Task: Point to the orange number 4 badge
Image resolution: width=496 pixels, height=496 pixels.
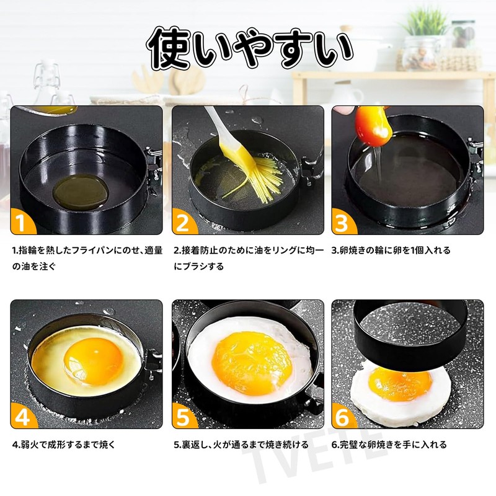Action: (x=22, y=418)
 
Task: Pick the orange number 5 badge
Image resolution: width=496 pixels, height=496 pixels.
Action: (x=182, y=418)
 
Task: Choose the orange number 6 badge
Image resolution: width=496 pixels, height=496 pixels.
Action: (x=343, y=418)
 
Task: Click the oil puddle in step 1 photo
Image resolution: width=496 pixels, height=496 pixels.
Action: (x=79, y=191)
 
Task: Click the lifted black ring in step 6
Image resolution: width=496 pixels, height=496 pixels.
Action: (x=409, y=335)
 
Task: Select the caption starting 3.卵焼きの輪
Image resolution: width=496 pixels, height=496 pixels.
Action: (x=391, y=250)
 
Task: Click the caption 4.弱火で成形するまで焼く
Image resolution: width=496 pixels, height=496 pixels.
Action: (x=64, y=445)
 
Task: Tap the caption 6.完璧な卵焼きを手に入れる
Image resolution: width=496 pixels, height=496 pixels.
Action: (x=389, y=445)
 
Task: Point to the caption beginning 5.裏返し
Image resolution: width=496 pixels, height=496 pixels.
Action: (x=241, y=445)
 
